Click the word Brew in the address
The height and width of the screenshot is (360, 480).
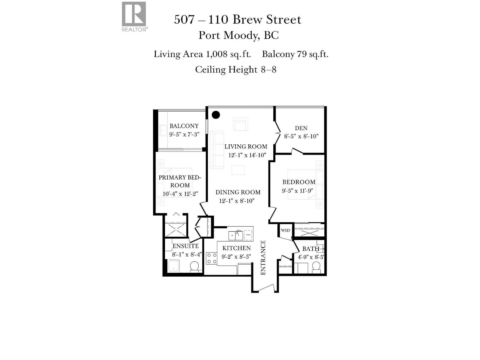coord(247,20)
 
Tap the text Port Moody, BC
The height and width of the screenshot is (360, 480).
coord(238,35)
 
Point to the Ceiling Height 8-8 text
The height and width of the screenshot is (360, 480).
coord(235,70)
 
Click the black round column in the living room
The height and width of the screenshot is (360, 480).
coord(216,115)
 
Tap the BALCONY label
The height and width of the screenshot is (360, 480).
coord(184,126)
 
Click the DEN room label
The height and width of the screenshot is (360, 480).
coord(301,128)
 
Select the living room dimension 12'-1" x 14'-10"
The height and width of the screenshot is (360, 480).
coord(247,155)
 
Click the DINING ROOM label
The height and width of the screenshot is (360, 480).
coord(238,192)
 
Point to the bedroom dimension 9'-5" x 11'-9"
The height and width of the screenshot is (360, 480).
coord(297,190)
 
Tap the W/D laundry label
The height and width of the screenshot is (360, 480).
coord(285,230)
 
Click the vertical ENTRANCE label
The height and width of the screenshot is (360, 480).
coord(263,257)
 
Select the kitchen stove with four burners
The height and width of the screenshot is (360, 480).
coord(211,258)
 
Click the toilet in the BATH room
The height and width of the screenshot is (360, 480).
coord(316,266)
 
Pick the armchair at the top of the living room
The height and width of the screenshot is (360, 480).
coord(240,124)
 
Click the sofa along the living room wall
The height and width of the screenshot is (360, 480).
coord(216,149)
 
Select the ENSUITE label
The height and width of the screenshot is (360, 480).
coord(185,246)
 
